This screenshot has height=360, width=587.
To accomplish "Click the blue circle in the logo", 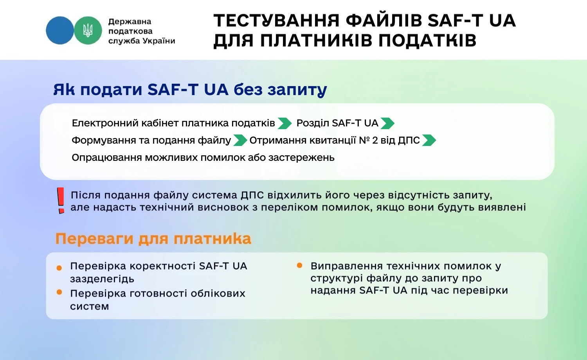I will click(59, 31).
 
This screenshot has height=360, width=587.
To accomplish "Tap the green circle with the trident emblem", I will click(88, 31).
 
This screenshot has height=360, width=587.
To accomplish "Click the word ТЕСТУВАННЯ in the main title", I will click(276, 21).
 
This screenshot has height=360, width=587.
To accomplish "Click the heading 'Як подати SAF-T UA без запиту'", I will click(190, 90).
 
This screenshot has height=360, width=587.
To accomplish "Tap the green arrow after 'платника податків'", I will click(284, 123).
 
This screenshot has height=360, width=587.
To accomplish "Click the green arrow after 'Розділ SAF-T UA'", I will click(387, 123).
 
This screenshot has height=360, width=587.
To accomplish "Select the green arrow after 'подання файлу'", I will click(240, 140).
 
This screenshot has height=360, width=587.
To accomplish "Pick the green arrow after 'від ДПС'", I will click(429, 140).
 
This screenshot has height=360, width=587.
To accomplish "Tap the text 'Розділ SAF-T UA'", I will click(337, 123).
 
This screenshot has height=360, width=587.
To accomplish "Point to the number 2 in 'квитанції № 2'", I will click(375, 140).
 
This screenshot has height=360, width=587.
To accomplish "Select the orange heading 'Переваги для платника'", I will click(153, 239).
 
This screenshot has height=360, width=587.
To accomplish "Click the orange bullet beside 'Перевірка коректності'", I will click(59, 268).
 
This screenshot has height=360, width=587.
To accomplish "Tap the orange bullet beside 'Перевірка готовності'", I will click(59, 292).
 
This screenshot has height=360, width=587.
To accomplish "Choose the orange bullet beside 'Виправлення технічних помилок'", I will click(300, 266).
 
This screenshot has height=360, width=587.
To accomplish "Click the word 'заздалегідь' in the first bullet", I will click(102, 279).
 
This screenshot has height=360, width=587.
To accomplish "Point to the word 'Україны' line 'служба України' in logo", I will click(158, 41).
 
